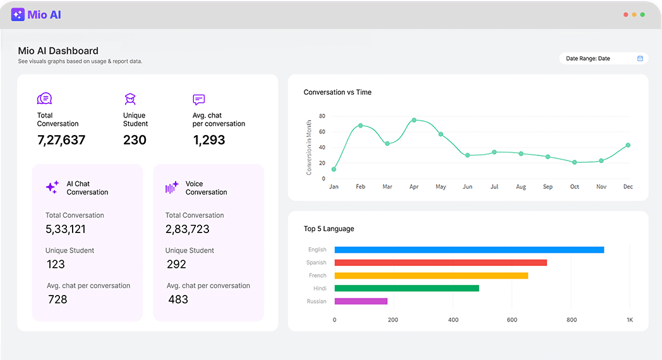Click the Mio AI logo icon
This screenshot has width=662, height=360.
tap(18, 15)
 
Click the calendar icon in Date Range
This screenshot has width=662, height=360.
tap(640, 59)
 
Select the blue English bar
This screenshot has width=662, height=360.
tap(469, 250)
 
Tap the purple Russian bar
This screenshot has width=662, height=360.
tap(361, 301)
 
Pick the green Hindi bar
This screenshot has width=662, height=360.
tap(406, 288)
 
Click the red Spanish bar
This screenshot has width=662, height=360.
tap(440, 263)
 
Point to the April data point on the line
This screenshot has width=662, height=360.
tap(414, 120)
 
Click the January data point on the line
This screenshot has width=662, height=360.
tap(334, 169)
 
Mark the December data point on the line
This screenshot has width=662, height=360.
tap(628, 145)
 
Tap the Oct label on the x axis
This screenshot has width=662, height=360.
tap(574, 187)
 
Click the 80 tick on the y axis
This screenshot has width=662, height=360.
tap(322, 116)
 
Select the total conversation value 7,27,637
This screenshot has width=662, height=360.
tap(61, 140)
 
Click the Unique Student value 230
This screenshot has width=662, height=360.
tap(135, 140)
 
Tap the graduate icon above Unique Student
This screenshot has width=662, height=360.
tap(130, 99)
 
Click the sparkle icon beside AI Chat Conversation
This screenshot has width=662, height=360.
tap(52, 188)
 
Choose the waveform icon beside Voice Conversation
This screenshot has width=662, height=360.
tap(172, 188)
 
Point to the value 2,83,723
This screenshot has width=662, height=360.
tap(187, 229)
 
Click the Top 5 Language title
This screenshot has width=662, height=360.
tap(328, 229)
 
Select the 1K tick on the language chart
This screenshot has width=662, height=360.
tap(629, 320)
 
